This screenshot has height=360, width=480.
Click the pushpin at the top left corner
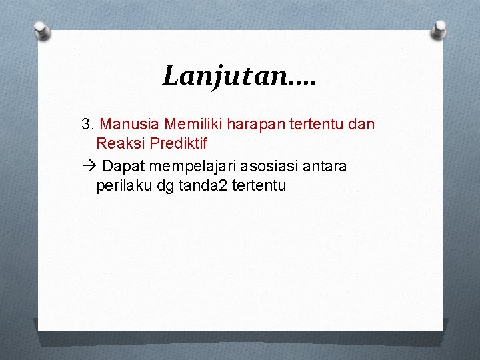42,29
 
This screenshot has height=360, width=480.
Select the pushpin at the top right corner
439,29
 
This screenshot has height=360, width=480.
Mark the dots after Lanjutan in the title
303,83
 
